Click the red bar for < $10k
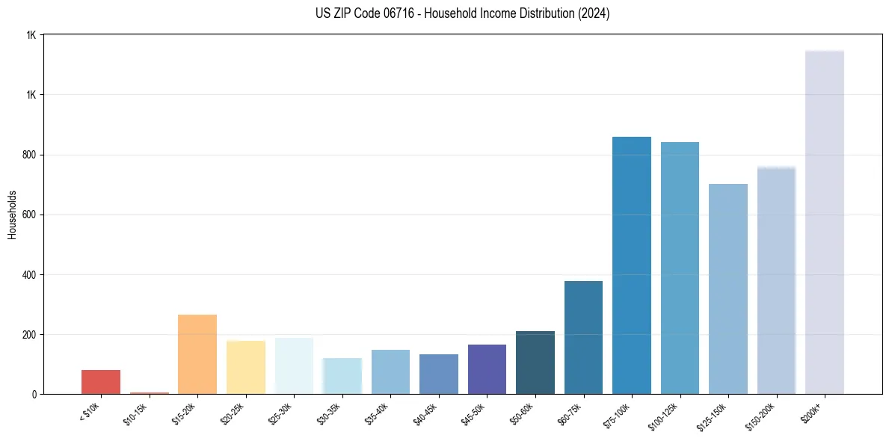[101, 382]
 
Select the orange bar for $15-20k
[197, 354]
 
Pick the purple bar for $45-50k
[487, 369]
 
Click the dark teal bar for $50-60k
[535, 363]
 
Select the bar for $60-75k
[583, 338]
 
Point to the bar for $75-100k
[632, 265]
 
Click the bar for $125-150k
[728, 289]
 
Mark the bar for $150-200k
[776, 280]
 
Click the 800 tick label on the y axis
[30, 155]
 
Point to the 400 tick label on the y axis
[30, 274]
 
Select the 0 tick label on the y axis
[34, 394]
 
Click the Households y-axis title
[12, 215]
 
